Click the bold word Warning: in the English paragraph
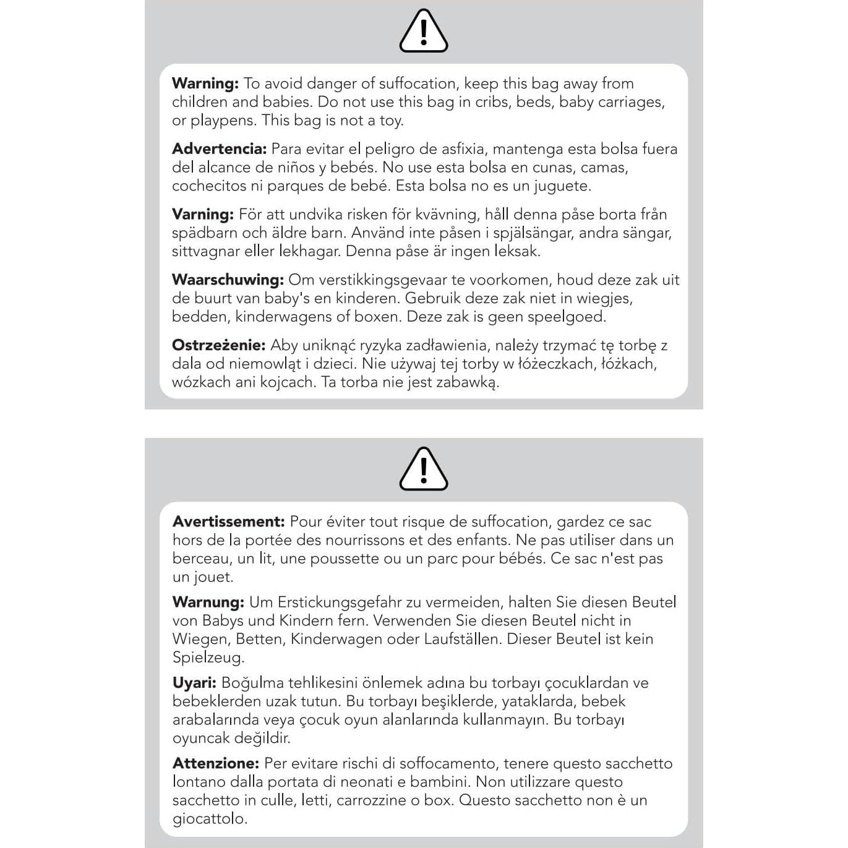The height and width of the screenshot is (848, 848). pos(205,84)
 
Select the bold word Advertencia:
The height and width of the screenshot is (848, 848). pos(219,149)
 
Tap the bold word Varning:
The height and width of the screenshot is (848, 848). pos(203,215)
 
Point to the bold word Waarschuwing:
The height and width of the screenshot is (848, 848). pos(228,280)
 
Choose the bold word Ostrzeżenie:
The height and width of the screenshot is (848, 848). pos(218,345)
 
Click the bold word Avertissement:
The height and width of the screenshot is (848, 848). pos(228,521)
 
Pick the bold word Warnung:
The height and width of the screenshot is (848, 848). pos(208,602)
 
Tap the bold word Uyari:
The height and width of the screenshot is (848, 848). pos(194,683)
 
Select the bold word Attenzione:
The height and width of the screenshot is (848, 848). pos(215,763)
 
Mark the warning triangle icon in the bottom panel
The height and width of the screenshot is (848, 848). pos(424,469)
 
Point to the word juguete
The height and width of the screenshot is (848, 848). pos(563,186)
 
